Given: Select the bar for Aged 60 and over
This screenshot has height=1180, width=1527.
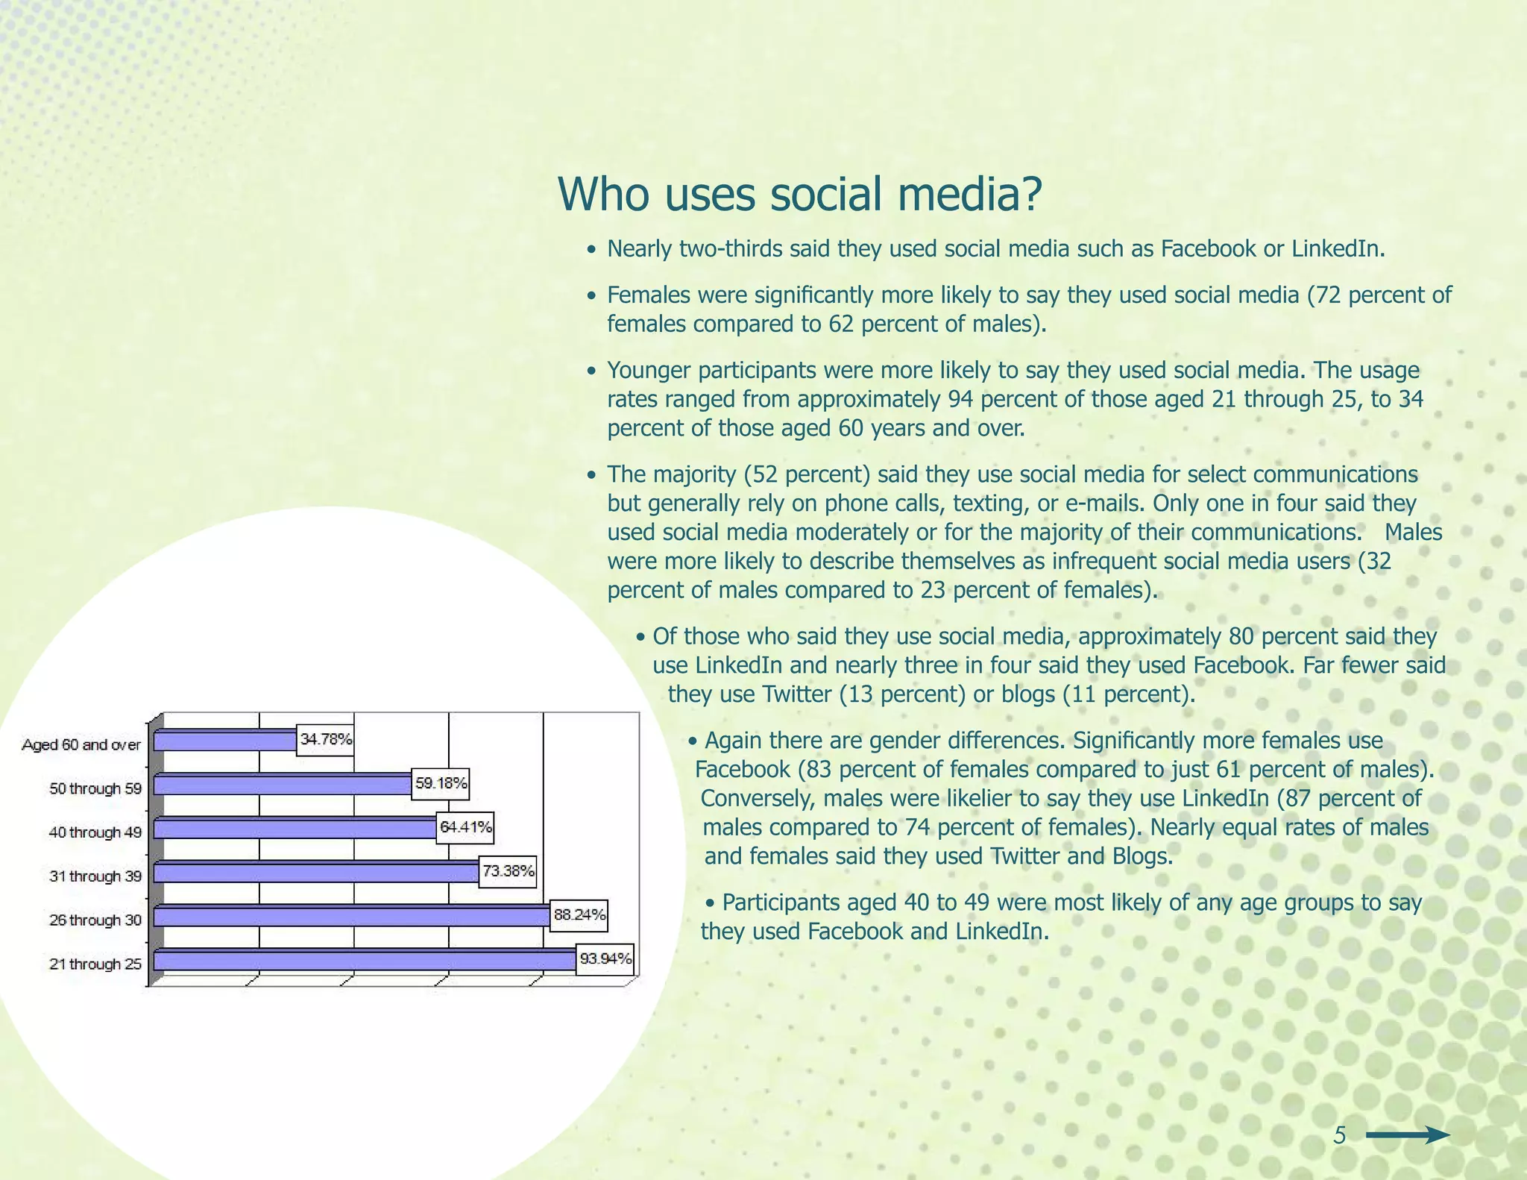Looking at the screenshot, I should pos(225,741).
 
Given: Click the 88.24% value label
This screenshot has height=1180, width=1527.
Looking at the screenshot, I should pos(579,915).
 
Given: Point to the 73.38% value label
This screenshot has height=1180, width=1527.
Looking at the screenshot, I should pos(508,871).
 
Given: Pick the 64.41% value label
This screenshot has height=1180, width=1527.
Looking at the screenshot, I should pos(465,827).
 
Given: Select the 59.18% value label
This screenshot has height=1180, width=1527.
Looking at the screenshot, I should pos(441,784).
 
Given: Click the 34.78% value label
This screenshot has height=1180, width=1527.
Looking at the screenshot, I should pos(325,740).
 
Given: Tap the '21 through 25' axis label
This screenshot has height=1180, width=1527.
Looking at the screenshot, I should pos(95,964).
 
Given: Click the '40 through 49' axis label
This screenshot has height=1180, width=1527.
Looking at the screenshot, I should pos(95,832).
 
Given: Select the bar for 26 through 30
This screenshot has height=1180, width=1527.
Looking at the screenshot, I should pos(352,916).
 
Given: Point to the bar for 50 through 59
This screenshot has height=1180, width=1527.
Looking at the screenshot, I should pos(283,785).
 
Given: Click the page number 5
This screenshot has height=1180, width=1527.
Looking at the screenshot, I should pos(1339,1136).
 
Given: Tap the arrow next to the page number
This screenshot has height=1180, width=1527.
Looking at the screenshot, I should pos(1408,1136).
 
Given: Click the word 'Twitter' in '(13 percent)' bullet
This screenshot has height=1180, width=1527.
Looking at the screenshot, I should pos(796,694).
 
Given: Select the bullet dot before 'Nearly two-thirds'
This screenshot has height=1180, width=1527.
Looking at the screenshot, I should pos(591,250).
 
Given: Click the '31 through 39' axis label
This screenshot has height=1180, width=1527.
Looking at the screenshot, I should pos(95,876).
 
